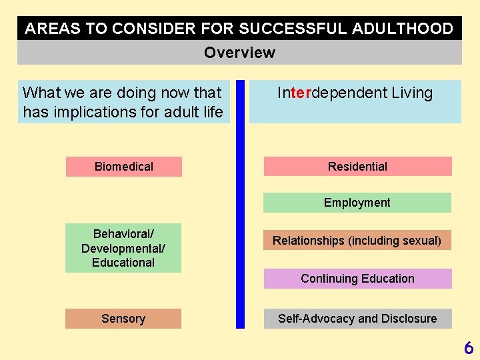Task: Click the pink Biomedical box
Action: [x=123, y=167]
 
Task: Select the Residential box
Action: [x=357, y=167]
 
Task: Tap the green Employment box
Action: [x=357, y=203]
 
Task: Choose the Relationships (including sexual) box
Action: [x=357, y=241]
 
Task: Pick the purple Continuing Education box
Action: [x=357, y=279]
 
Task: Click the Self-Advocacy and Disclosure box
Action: [x=357, y=319]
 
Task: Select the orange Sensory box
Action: [x=123, y=319]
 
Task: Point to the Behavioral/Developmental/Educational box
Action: [x=123, y=248]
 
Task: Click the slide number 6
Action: [x=469, y=347]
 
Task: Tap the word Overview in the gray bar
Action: [x=239, y=53]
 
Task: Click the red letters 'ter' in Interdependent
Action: [x=301, y=93]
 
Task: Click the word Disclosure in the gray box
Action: [x=409, y=319]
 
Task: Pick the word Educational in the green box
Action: [x=123, y=263]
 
